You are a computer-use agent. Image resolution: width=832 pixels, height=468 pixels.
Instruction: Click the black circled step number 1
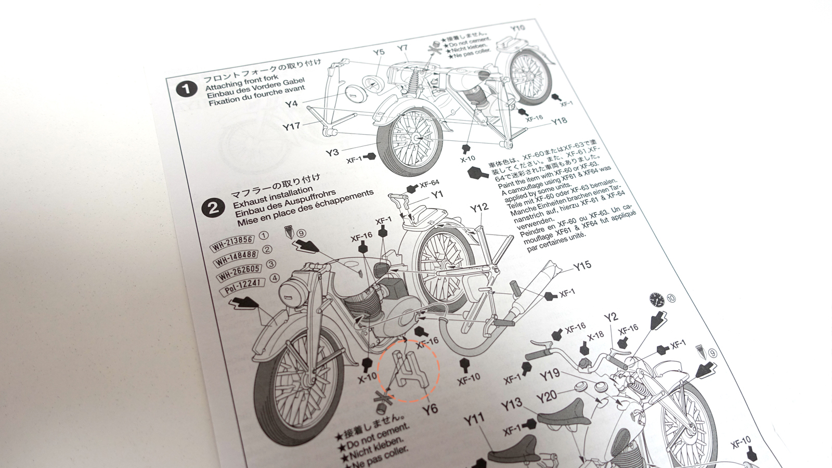click(187, 90)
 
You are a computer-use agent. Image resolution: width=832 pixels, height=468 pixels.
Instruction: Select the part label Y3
click(332, 152)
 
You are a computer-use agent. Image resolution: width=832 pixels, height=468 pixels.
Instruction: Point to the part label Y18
click(559, 121)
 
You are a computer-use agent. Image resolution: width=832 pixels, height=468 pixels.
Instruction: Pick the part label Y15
click(582, 266)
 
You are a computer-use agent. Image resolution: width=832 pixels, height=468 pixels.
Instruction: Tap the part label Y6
click(430, 409)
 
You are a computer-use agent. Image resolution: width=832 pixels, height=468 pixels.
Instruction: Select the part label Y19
click(549, 374)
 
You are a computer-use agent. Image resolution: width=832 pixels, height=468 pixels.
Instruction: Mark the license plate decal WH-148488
click(237, 255)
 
